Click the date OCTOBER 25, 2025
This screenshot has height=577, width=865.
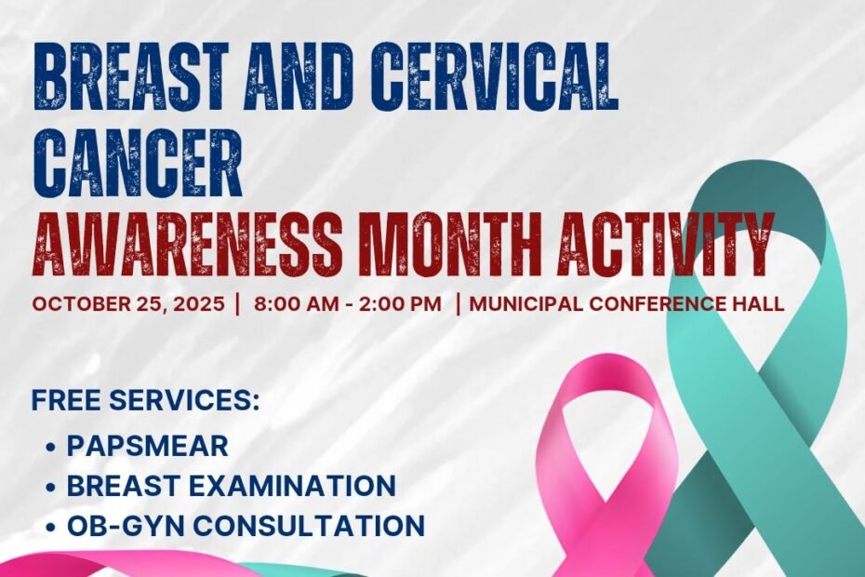pos(128,304)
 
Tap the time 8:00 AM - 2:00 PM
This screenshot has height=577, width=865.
pos(348,304)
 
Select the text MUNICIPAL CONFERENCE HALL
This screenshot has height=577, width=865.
pos(627,304)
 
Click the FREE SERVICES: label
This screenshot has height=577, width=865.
pos(146,400)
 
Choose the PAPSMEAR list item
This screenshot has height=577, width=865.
pos(147,446)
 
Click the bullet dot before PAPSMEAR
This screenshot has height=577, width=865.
pos(52,447)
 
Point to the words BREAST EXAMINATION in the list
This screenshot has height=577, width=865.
pos(232,486)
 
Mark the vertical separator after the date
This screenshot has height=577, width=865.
pos(237,304)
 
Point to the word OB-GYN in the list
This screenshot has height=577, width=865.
pos(128,525)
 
